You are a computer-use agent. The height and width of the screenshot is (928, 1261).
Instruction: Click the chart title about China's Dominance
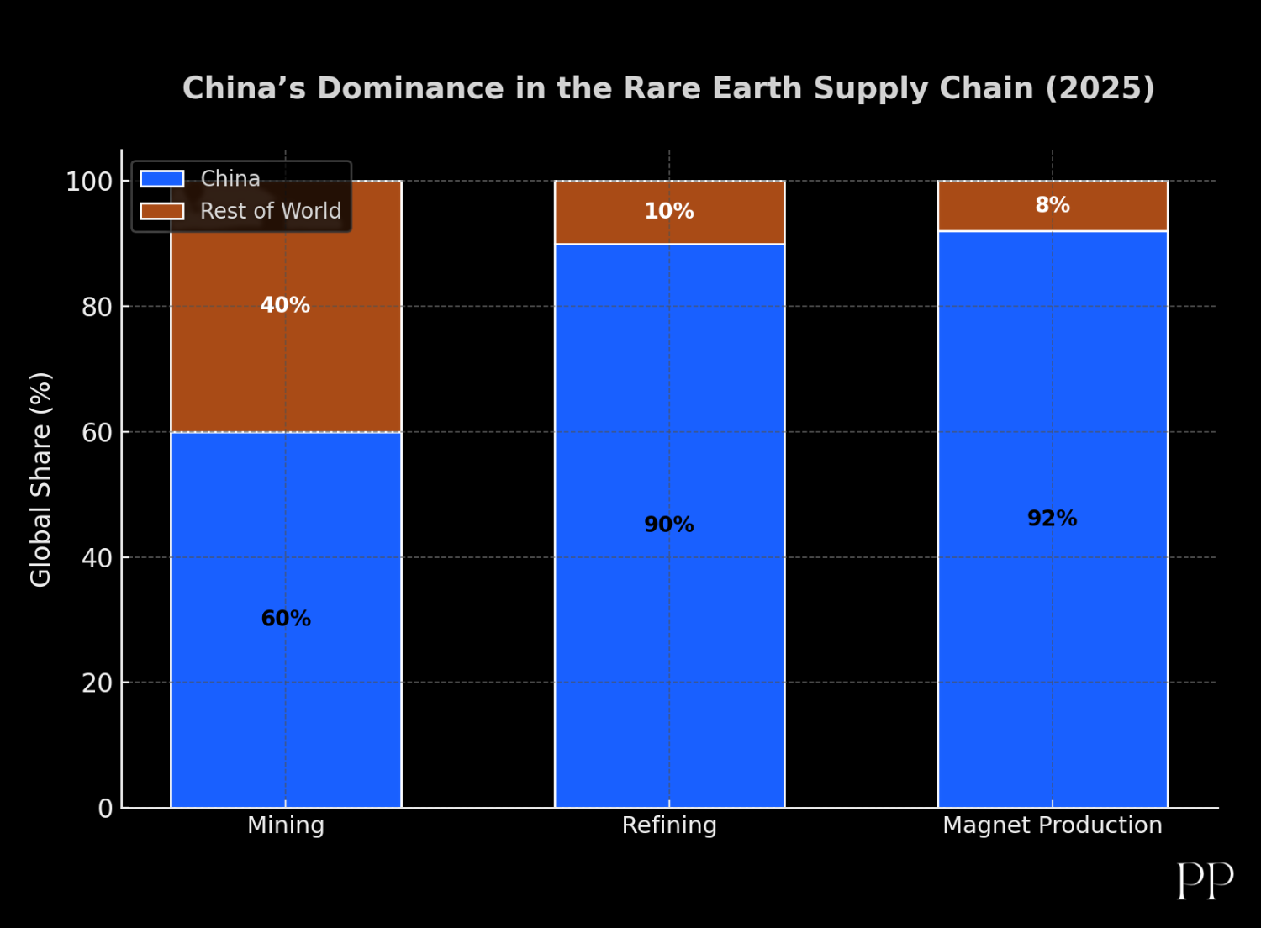coord(668,88)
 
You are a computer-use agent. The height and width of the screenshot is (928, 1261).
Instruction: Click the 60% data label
coord(286,619)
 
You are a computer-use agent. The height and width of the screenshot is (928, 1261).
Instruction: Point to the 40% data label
coord(285,305)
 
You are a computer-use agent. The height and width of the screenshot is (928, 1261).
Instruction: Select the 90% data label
coord(669,525)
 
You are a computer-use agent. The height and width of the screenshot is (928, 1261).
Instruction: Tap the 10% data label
coord(669,211)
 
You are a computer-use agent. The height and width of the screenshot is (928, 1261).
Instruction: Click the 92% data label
coord(1052,519)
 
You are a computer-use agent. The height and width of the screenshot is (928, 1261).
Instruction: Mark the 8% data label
coord(1052,205)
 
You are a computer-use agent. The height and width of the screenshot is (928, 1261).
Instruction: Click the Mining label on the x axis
coord(286,825)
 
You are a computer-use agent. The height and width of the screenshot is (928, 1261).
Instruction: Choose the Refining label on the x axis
coord(669,825)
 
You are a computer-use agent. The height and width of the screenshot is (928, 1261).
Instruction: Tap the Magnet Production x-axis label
coord(1052,825)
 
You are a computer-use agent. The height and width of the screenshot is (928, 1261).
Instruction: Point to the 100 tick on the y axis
coord(89,182)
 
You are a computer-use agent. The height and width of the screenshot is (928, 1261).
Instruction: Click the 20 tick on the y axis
coord(98,683)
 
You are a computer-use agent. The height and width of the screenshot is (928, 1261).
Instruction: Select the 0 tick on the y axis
coord(105,809)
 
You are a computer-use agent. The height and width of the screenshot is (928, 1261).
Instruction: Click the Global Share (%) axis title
coord(41,479)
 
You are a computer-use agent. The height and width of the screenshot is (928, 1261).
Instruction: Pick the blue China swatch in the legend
coord(162,179)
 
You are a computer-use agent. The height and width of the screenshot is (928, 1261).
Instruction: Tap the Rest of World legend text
coord(271,211)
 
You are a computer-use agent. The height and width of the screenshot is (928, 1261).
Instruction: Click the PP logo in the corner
coord(1205,880)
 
